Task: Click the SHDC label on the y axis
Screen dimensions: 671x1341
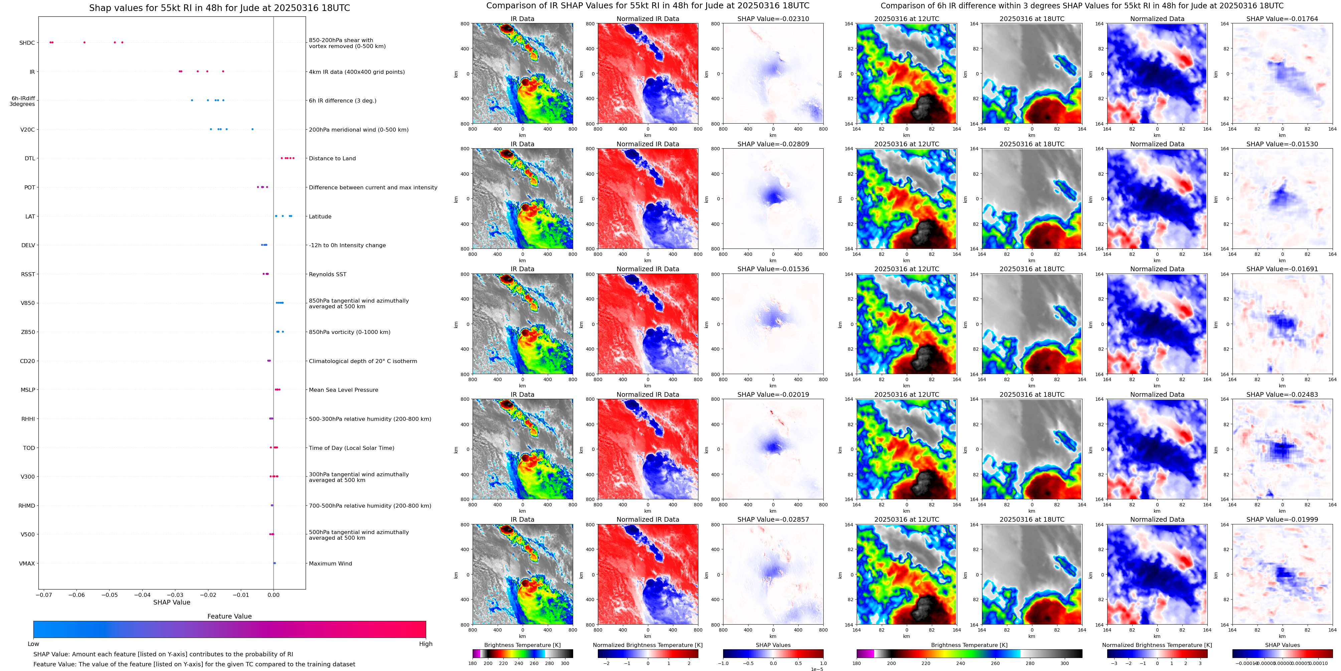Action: [x=27, y=43]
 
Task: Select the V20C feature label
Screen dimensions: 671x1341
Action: [x=28, y=130]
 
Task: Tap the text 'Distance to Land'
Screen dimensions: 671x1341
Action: [x=332, y=158]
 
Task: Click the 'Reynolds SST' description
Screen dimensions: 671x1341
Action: [x=327, y=274]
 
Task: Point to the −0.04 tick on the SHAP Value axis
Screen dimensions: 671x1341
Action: [x=142, y=595]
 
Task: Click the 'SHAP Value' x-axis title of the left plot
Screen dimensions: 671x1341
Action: [x=172, y=602]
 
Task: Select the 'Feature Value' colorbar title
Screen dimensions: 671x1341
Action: [x=229, y=616]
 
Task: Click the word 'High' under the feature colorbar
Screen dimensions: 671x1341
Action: [x=426, y=644]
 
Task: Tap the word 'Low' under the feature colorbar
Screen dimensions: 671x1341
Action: [x=33, y=644]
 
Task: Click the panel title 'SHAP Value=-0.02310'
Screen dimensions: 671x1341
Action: [x=773, y=19]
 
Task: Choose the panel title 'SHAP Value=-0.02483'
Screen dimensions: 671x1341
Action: [x=1282, y=394]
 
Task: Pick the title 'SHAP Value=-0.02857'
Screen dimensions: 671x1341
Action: [x=773, y=519]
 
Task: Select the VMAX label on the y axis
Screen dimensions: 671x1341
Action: [x=27, y=563]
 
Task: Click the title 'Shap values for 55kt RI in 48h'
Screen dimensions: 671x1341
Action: [x=219, y=8]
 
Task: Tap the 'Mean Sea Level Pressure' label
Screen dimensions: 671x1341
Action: [x=344, y=390]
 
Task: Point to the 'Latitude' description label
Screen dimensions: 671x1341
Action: [x=320, y=216]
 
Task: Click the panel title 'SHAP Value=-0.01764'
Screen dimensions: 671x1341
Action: [x=1282, y=19]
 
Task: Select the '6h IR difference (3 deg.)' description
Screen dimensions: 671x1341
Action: [x=343, y=101]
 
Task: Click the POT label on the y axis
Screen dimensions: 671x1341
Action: [x=30, y=187]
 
